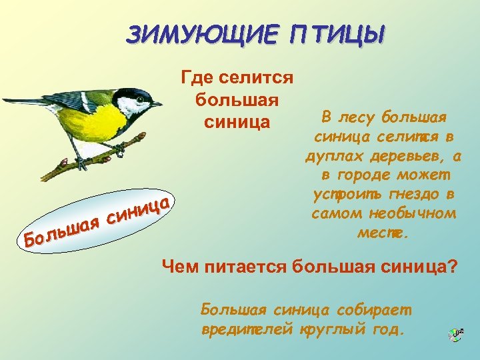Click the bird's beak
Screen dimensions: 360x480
point(157,104)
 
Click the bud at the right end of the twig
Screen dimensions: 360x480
point(142,137)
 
